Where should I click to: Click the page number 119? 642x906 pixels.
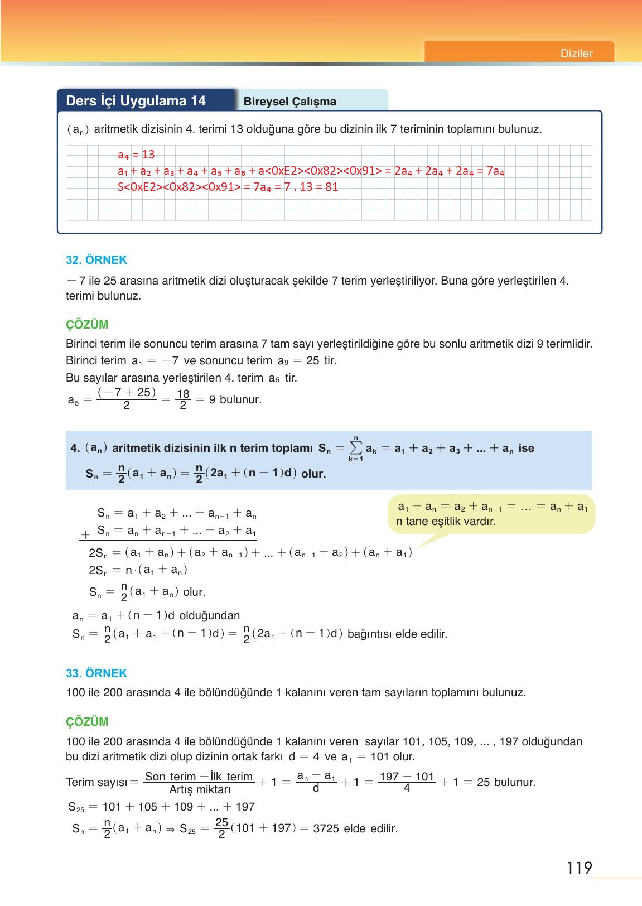point(579,868)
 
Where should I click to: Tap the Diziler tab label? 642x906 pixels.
point(576,54)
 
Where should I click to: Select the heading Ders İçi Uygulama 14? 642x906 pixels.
point(136,101)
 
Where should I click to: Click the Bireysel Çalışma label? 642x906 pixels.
point(289,102)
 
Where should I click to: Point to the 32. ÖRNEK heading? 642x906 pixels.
point(96,260)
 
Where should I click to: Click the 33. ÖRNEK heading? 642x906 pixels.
point(96,673)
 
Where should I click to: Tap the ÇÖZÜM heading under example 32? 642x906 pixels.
point(87,325)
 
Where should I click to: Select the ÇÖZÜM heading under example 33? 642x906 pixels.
point(87,721)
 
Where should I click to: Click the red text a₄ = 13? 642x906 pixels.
point(136,155)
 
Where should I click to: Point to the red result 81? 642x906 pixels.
point(331,187)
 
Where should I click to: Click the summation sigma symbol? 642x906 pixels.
point(355,448)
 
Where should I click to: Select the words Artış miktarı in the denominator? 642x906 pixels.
point(200,790)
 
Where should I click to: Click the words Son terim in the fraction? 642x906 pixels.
point(170,777)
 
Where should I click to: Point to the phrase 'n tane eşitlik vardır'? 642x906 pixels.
point(446,522)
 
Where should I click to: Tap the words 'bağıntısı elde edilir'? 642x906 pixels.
point(397,634)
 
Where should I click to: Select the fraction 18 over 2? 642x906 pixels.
point(182,400)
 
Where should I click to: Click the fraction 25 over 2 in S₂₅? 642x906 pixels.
point(221,828)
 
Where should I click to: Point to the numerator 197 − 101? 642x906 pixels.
point(407,777)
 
